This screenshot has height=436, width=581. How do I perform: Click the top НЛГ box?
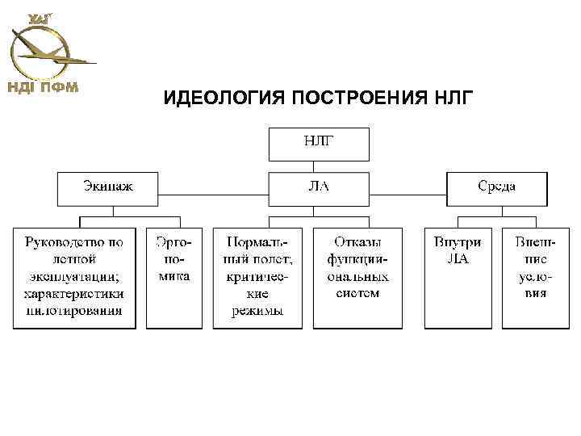(x=319, y=144)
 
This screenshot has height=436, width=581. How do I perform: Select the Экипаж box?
(x=108, y=187)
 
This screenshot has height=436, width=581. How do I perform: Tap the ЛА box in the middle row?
(x=319, y=187)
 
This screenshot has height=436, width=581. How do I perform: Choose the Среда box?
(x=497, y=187)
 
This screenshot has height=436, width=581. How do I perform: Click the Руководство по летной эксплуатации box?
(x=74, y=277)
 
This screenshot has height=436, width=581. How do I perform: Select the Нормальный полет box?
(x=259, y=277)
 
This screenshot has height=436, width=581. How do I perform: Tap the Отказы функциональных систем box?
(x=357, y=277)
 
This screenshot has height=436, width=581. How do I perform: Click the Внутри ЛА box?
(x=458, y=277)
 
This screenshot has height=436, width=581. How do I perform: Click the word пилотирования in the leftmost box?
(x=74, y=309)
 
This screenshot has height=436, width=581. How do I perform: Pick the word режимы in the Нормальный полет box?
(x=259, y=310)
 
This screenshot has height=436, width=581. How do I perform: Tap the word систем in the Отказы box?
(x=357, y=293)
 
